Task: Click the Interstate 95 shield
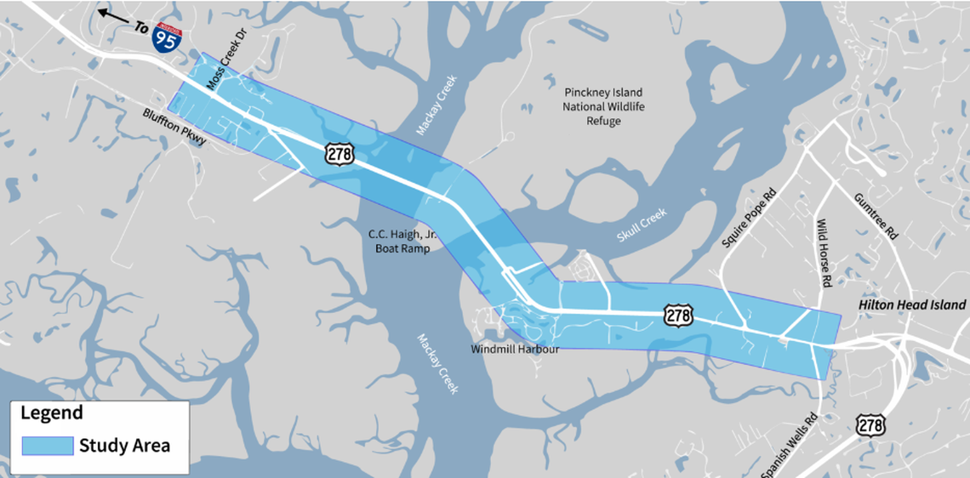click(165, 38)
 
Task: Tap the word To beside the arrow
click(141, 27)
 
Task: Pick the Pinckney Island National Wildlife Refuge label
click(603, 106)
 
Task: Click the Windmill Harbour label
click(516, 349)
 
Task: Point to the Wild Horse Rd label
click(824, 253)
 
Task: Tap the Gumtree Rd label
click(876, 216)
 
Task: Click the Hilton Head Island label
click(911, 304)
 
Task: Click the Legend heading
click(52, 413)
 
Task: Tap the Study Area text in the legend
click(124, 445)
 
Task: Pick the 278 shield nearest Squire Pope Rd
click(677, 316)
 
